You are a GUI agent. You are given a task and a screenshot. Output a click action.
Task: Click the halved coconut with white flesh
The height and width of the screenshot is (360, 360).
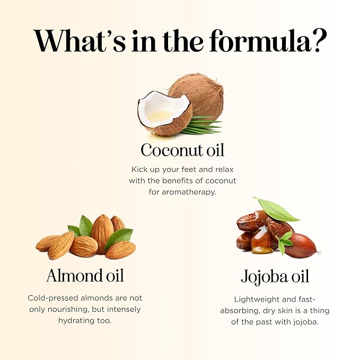pyautogui.click(x=164, y=113)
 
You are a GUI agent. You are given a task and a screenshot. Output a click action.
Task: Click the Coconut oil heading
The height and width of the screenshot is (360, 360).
pyautogui.click(x=182, y=150)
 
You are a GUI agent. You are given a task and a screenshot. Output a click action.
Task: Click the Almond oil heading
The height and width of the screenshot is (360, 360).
pyautogui.click(x=85, y=276)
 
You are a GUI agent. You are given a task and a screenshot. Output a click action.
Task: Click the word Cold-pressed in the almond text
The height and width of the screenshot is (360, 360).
pyautogui.click(x=53, y=298)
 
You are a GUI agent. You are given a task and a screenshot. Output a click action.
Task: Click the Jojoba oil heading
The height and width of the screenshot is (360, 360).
pyautogui.click(x=275, y=276)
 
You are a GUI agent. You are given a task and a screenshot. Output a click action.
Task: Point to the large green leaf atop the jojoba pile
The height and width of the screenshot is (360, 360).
pyautogui.click(x=277, y=209)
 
